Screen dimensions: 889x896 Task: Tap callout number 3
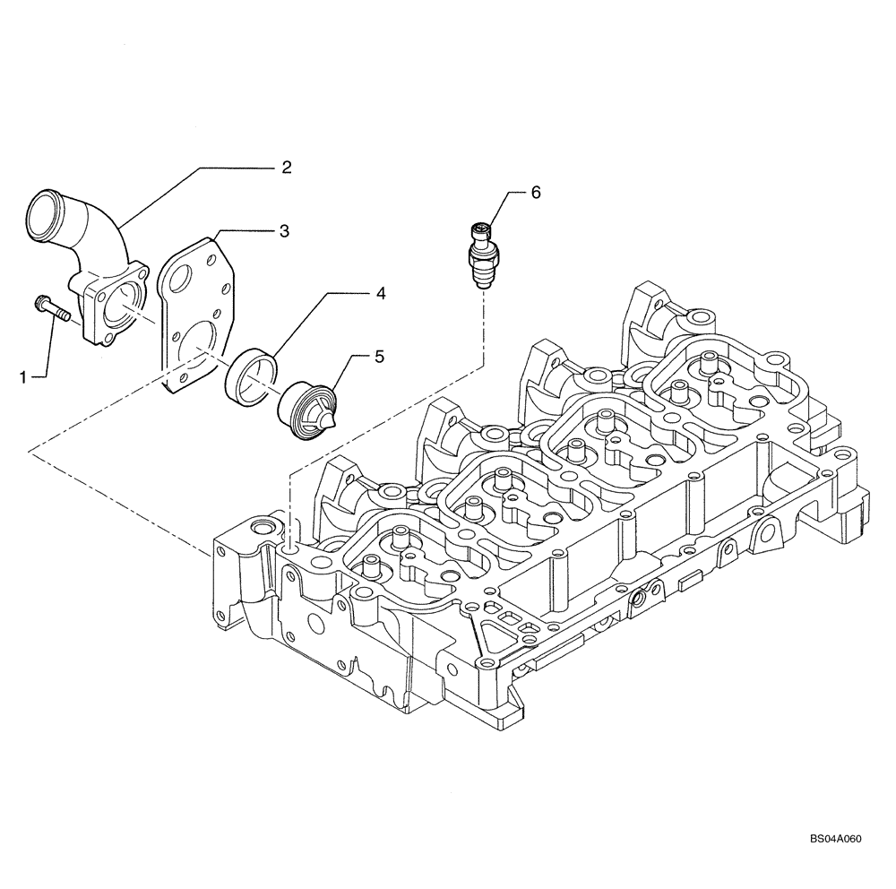pos(283,231)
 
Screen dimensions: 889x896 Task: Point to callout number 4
pos(380,293)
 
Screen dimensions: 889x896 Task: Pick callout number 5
pos(380,356)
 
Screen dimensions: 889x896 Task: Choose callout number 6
pos(537,193)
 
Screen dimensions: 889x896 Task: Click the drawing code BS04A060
pos(834,865)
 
